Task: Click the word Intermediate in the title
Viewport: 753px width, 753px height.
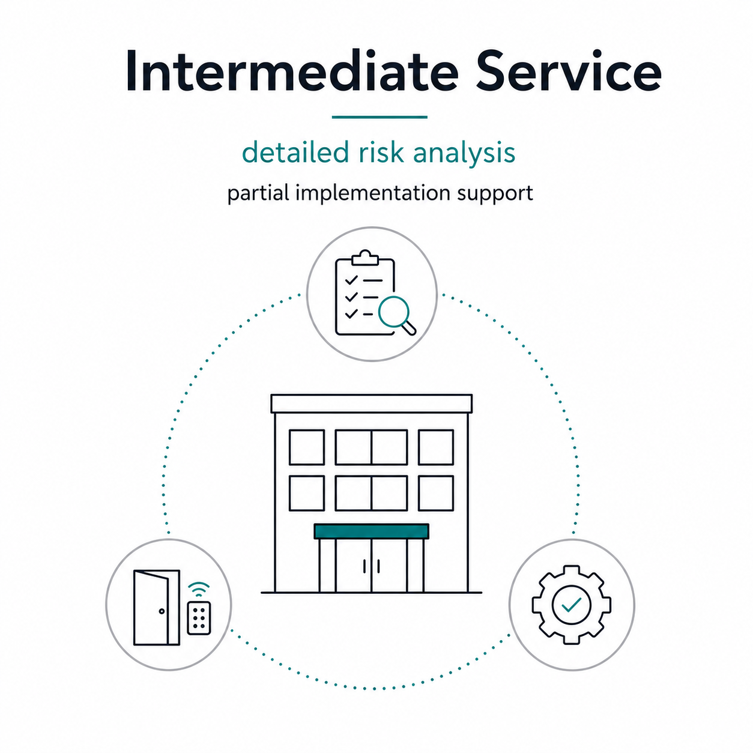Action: [x=292, y=71]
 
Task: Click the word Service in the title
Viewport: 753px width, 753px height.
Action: [x=569, y=71]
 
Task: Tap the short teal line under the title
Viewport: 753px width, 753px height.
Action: [x=380, y=116]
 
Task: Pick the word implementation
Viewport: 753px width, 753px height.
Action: [x=373, y=194]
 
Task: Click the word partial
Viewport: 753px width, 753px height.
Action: [x=258, y=194]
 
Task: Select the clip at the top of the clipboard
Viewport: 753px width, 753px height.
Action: [x=365, y=258]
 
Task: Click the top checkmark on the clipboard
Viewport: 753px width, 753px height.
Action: [x=351, y=280]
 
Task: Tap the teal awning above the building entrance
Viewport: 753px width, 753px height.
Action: [x=371, y=531]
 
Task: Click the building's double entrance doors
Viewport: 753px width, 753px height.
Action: [x=371, y=566]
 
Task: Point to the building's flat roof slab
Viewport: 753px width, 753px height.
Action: [x=371, y=404]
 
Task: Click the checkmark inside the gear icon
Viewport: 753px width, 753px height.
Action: [x=571, y=605]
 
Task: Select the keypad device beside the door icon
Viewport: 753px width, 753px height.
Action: [x=199, y=618]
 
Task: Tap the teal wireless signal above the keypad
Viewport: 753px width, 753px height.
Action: [x=199, y=589]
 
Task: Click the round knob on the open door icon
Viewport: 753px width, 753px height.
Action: [x=162, y=611]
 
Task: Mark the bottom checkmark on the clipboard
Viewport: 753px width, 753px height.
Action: [x=351, y=313]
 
